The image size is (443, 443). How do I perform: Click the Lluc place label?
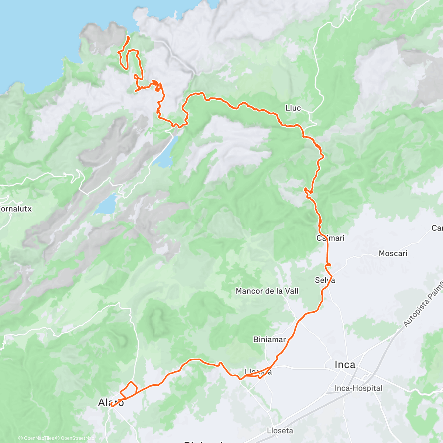293,108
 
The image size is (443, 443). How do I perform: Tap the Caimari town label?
330,238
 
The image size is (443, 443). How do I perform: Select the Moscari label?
393,254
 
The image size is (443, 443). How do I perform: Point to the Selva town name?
325,280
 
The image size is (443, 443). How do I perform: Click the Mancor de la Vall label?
267,291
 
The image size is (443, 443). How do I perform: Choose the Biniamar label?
269,340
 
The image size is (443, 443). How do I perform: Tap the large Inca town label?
345,365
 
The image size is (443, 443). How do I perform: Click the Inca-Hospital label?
358,388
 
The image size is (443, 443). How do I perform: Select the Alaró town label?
111,402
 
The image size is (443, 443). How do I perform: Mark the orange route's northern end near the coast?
128,37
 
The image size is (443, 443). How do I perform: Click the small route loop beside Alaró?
129,389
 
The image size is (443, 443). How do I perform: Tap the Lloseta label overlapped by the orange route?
258,372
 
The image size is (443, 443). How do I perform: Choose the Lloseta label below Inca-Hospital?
280,431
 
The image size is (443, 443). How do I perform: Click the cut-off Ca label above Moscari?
437,228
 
